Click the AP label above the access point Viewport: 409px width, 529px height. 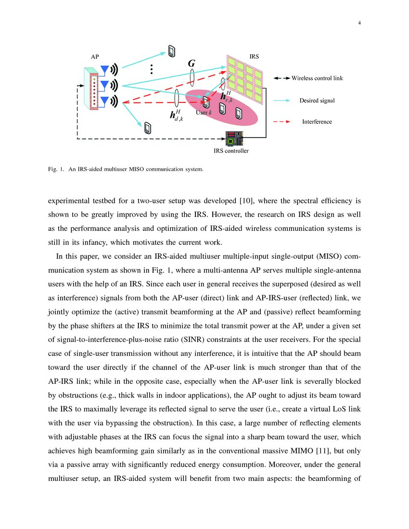coord(95,57)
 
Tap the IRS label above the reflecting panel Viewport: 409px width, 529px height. coord(254,57)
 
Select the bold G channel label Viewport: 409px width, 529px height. coord(192,63)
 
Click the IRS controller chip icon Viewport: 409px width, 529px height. coord(234,139)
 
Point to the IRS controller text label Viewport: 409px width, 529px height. coord(231,151)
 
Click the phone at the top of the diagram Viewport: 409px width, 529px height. coord(171,51)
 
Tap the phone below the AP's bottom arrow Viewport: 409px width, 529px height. coord(148,128)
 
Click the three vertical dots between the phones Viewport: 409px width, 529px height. coord(151,69)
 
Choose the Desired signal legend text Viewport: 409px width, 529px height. coord(317,101)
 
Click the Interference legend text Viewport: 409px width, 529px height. coord(317,122)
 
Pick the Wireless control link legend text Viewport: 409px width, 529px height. coord(317,78)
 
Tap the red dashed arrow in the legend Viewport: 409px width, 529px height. coord(281,122)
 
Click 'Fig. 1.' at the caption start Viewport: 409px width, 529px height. coord(56,169)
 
